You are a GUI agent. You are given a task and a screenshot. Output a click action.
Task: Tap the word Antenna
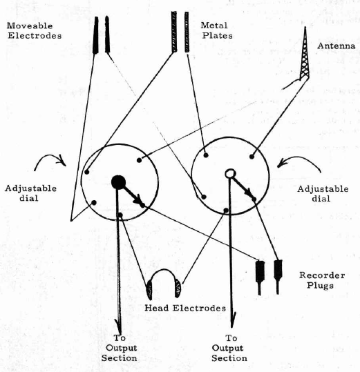tap(337, 46)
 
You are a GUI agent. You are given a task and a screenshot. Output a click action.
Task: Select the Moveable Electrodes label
tap(35, 30)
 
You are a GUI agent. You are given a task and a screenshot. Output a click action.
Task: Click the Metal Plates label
tap(216, 30)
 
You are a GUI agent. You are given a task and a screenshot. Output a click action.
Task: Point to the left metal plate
tap(174, 32)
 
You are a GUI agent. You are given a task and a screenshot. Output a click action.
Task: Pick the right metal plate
tap(187, 32)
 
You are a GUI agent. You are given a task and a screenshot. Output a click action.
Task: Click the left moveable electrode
tap(95, 35)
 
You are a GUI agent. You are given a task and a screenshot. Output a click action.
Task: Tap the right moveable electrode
tap(107, 35)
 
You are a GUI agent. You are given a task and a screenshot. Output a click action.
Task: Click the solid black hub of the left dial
tap(118, 182)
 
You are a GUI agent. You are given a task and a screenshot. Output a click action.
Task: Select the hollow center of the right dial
tap(229, 173)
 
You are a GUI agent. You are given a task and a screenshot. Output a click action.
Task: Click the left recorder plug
tap(260, 277)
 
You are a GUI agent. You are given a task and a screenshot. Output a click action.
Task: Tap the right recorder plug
tap(278, 277)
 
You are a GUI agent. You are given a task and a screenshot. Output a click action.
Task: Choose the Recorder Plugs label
tap(322, 280)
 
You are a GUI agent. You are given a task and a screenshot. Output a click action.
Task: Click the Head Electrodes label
tap(185, 308)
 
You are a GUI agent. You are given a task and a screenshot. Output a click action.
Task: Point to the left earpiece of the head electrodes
tap(149, 290)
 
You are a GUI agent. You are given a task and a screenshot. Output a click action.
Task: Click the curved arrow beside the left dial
tap(49, 157)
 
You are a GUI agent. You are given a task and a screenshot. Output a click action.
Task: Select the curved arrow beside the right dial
tap(300, 159)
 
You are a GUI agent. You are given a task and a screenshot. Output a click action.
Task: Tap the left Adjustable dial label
tap(30, 193)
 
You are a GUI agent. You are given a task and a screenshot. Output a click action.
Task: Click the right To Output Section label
tap(229, 348)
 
